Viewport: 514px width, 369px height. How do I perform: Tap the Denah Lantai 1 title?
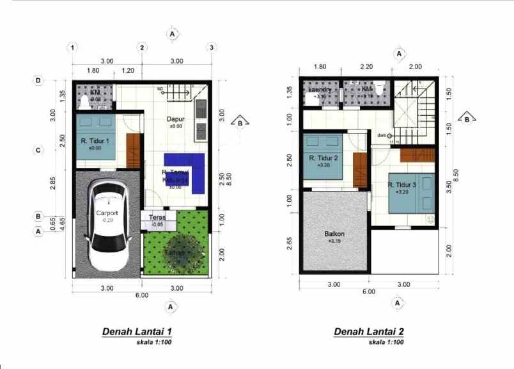point(137,332)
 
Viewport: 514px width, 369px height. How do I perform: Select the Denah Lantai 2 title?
point(369,332)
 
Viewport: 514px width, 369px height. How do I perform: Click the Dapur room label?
point(175,119)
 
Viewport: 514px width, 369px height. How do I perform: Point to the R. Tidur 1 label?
point(95,141)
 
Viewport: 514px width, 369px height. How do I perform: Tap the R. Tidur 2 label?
point(323,158)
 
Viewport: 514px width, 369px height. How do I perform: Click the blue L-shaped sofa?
point(186,171)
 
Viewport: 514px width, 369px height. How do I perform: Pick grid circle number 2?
point(143,47)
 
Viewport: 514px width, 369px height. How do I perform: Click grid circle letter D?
point(38,81)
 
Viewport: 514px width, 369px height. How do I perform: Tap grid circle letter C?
point(38,151)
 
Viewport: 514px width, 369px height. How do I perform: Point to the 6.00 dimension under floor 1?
point(141,295)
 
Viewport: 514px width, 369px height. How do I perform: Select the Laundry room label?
point(320,90)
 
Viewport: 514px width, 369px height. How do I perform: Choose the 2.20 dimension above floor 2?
point(366,67)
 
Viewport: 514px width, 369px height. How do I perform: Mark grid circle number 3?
point(211,47)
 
